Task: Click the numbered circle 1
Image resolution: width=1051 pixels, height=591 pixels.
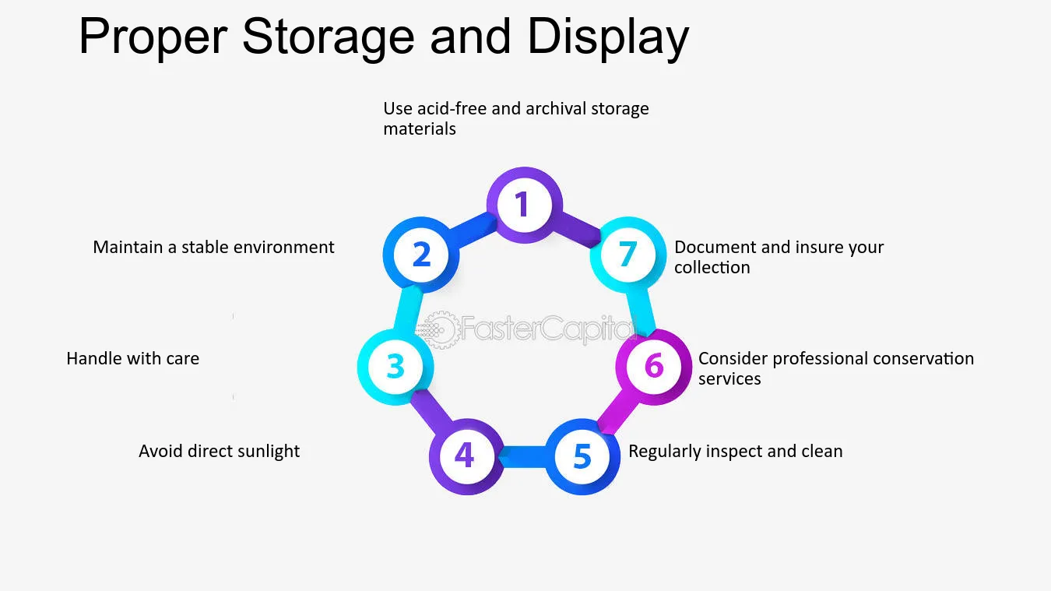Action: tap(524, 205)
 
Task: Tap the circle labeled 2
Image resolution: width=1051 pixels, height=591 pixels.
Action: tap(421, 255)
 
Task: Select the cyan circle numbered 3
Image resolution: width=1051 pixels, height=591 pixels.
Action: tap(395, 367)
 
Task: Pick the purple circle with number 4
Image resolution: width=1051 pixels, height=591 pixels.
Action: tap(466, 456)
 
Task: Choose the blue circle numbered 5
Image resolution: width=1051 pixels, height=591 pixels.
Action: tap(582, 456)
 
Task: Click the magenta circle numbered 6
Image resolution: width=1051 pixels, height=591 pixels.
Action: tap(654, 367)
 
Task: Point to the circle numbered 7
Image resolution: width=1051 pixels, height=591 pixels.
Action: tap(627, 255)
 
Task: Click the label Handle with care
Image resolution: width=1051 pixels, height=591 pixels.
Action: tap(133, 359)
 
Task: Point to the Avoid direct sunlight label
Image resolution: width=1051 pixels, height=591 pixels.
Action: tap(219, 451)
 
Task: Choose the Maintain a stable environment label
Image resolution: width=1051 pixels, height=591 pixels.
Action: tap(213, 248)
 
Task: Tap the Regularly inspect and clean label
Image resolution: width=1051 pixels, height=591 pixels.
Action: tap(735, 451)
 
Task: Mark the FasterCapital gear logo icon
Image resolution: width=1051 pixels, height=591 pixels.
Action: tap(438, 330)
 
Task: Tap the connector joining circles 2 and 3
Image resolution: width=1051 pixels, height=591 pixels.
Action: tap(408, 310)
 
